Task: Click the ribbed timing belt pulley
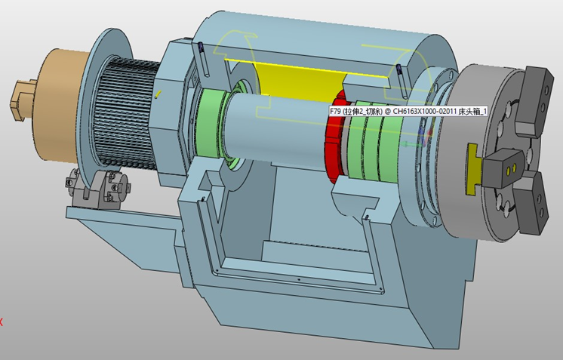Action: (126, 115)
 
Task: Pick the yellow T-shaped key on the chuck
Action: (473, 169)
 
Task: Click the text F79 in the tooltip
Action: (336, 111)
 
